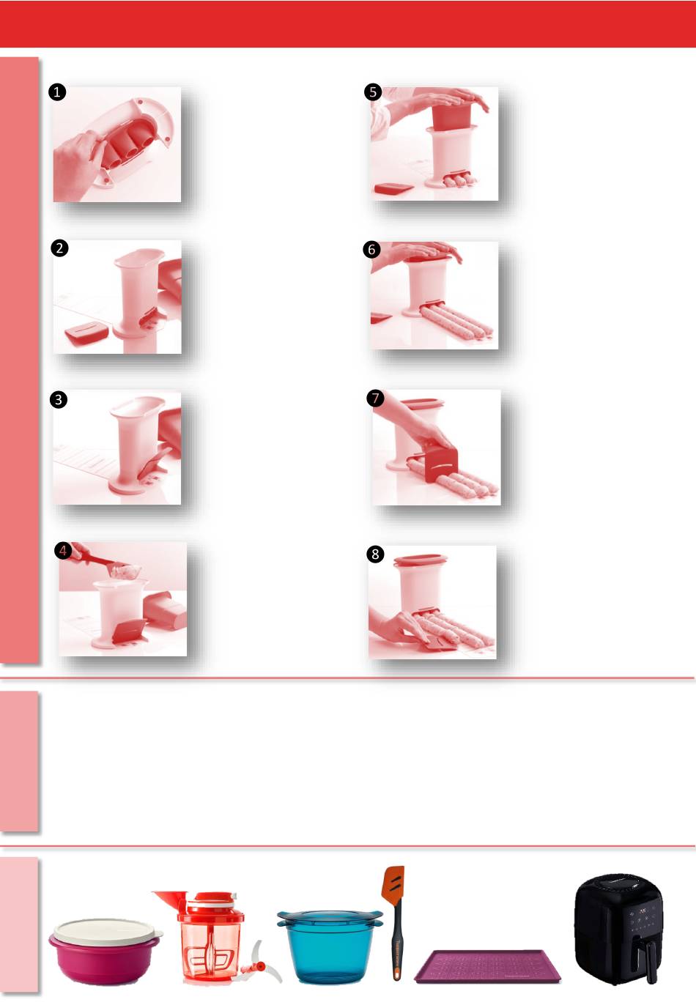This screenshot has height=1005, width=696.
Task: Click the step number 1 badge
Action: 57,92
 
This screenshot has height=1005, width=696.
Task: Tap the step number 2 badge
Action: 59,248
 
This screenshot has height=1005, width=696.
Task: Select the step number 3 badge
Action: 59,400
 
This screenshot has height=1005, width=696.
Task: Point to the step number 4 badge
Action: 63,551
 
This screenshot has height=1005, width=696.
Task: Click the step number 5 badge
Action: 373,92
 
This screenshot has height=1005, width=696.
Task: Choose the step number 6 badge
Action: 371,250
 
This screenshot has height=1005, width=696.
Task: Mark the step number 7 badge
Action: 375,398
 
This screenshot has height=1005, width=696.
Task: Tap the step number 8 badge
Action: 375,554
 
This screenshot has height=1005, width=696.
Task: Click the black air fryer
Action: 618,929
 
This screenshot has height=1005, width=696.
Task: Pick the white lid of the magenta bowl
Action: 106,930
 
